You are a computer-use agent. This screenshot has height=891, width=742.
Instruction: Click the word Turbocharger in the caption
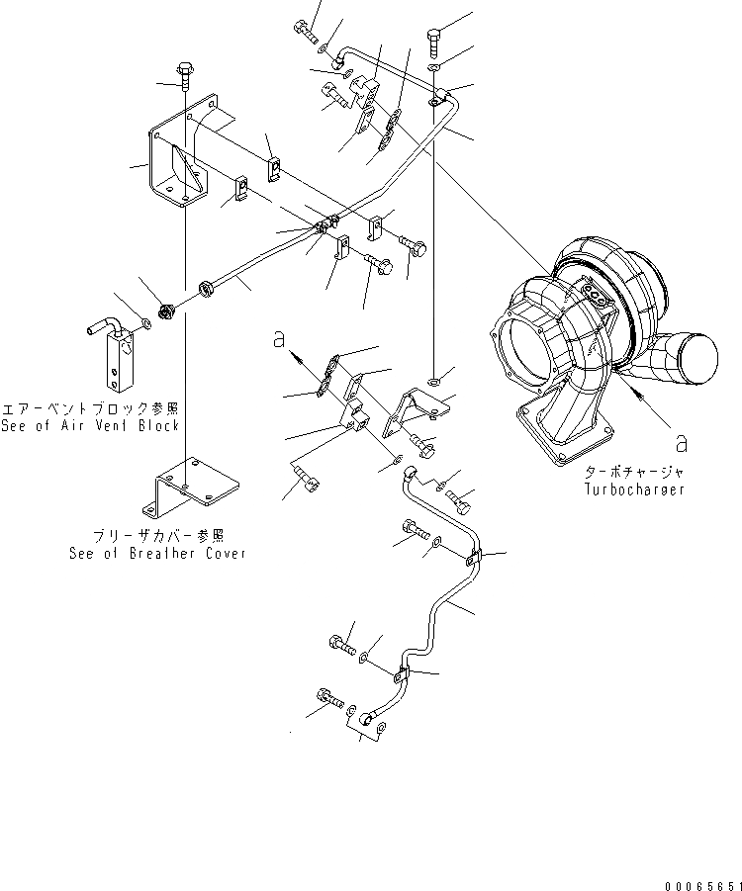[637, 490]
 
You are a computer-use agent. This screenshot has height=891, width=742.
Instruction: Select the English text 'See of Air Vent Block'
[91, 425]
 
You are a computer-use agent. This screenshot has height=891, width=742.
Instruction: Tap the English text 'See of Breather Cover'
[157, 554]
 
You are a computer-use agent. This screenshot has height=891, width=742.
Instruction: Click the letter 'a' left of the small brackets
[280, 339]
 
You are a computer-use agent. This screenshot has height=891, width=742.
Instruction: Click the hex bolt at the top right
[434, 41]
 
